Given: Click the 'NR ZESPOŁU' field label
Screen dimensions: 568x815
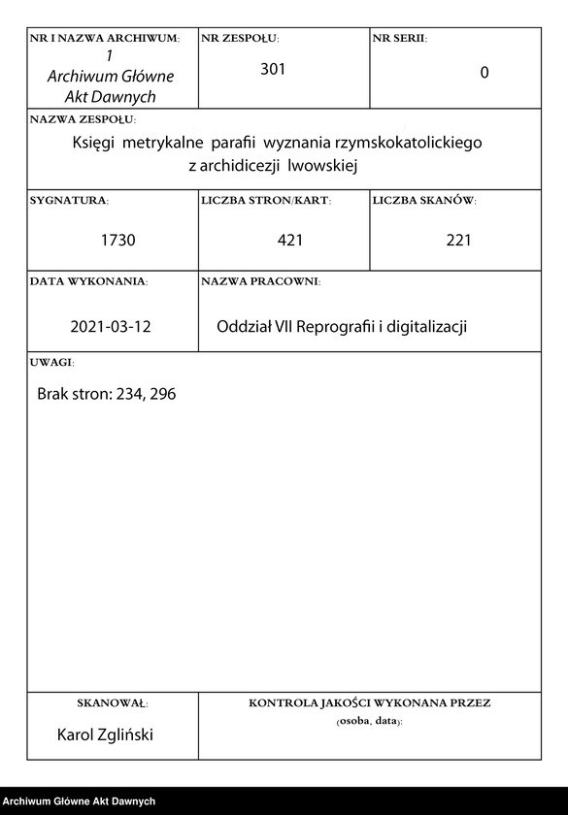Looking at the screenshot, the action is tap(239, 38).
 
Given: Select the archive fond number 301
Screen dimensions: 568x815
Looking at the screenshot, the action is tap(273, 69).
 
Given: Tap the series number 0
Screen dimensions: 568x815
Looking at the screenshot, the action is tap(484, 73).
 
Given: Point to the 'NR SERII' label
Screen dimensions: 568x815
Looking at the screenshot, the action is tap(399, 38).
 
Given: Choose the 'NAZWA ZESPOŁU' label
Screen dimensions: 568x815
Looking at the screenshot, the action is tap(83, 119).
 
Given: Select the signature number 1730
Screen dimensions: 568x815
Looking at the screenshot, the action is tap(117, 240).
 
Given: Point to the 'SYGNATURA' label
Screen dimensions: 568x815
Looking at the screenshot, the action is tap(69, 201).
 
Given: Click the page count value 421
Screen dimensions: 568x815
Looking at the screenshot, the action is tap(288, 240).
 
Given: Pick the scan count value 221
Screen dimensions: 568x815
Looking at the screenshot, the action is tap(458, 240).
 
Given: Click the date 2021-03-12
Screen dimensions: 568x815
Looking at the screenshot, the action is tap(111, 327).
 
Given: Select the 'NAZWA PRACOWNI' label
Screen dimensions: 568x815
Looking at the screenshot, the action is tap(260, 281).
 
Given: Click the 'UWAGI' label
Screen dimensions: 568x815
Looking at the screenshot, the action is tap(51, 362).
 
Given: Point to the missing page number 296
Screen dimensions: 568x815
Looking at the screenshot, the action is tap(161, 395).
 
